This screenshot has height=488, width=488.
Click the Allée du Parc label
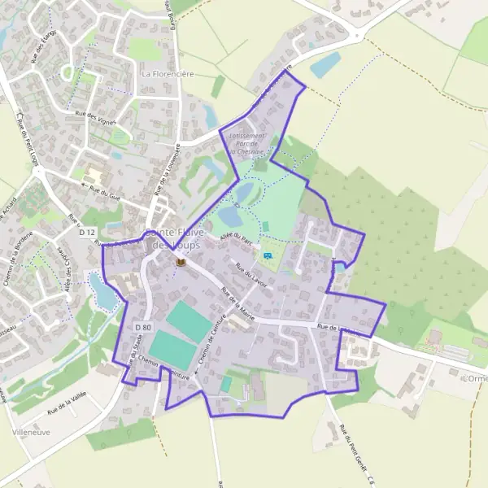[237, 237]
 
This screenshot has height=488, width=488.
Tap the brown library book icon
[181, 262]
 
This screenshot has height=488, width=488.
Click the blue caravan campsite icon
[268, 256]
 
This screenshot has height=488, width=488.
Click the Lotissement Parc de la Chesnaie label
[246, 143]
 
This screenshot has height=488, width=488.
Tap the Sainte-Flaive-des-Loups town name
[172, 239]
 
